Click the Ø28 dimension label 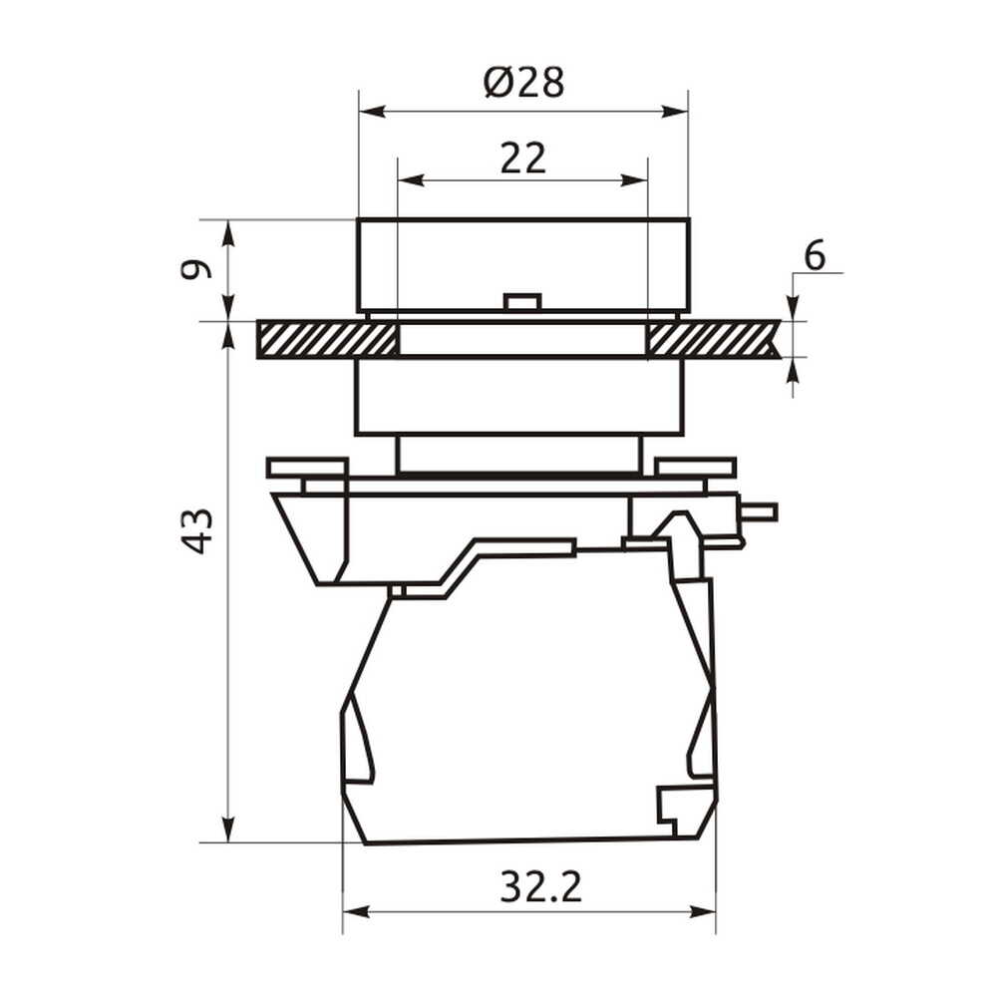click(523, 83)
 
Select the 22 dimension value click(522, 159)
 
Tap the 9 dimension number click(194, 269)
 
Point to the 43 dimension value click(197, 531)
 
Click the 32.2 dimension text click(540, 886)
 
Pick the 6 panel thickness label click(815, 255)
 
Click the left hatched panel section click(327, 339)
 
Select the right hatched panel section click(713, 339)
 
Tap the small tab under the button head click(521, 301)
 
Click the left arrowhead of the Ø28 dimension click(373, 112)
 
